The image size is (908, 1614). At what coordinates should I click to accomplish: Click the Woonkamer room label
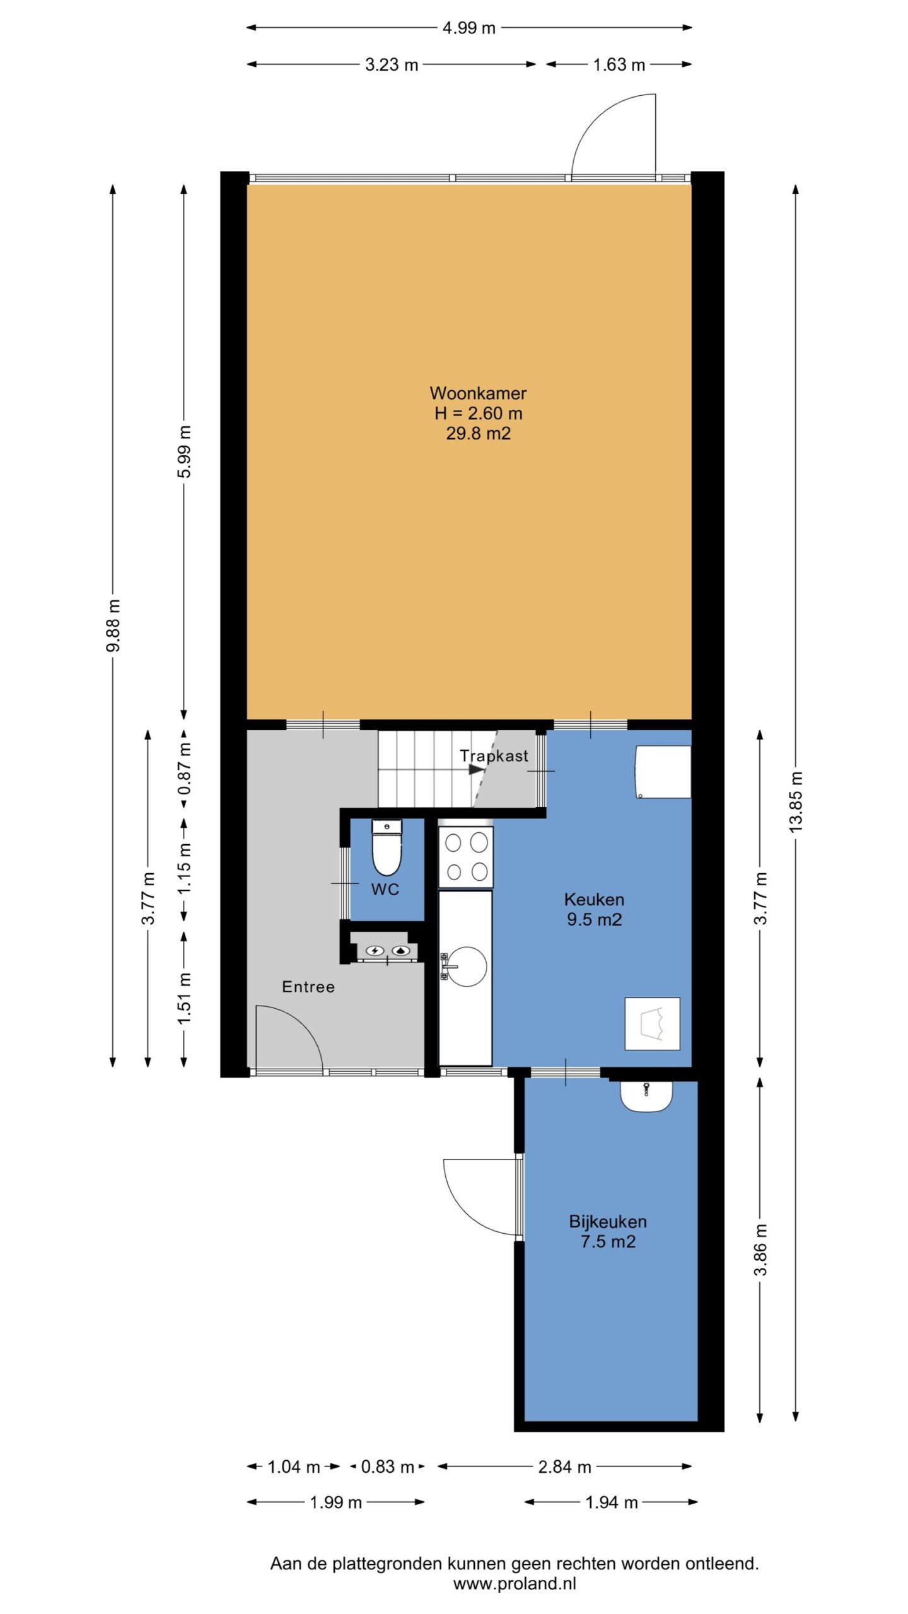(478, 393)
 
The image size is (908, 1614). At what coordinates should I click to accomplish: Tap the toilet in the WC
(387, 848)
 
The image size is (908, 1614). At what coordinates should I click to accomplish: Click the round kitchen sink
(467, 966)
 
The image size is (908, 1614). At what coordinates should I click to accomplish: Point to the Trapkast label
(494, 756)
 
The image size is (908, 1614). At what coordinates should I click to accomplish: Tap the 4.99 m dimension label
(469, 28)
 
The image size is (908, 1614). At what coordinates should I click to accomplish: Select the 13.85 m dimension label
(796, 801)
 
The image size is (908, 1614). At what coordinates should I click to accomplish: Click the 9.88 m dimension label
(113, 625)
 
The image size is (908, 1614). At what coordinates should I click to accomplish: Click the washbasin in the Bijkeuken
(646, 1096)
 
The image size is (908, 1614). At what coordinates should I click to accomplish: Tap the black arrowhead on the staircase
(477, 770)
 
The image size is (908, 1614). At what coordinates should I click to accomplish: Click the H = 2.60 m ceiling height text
(478, 414)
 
